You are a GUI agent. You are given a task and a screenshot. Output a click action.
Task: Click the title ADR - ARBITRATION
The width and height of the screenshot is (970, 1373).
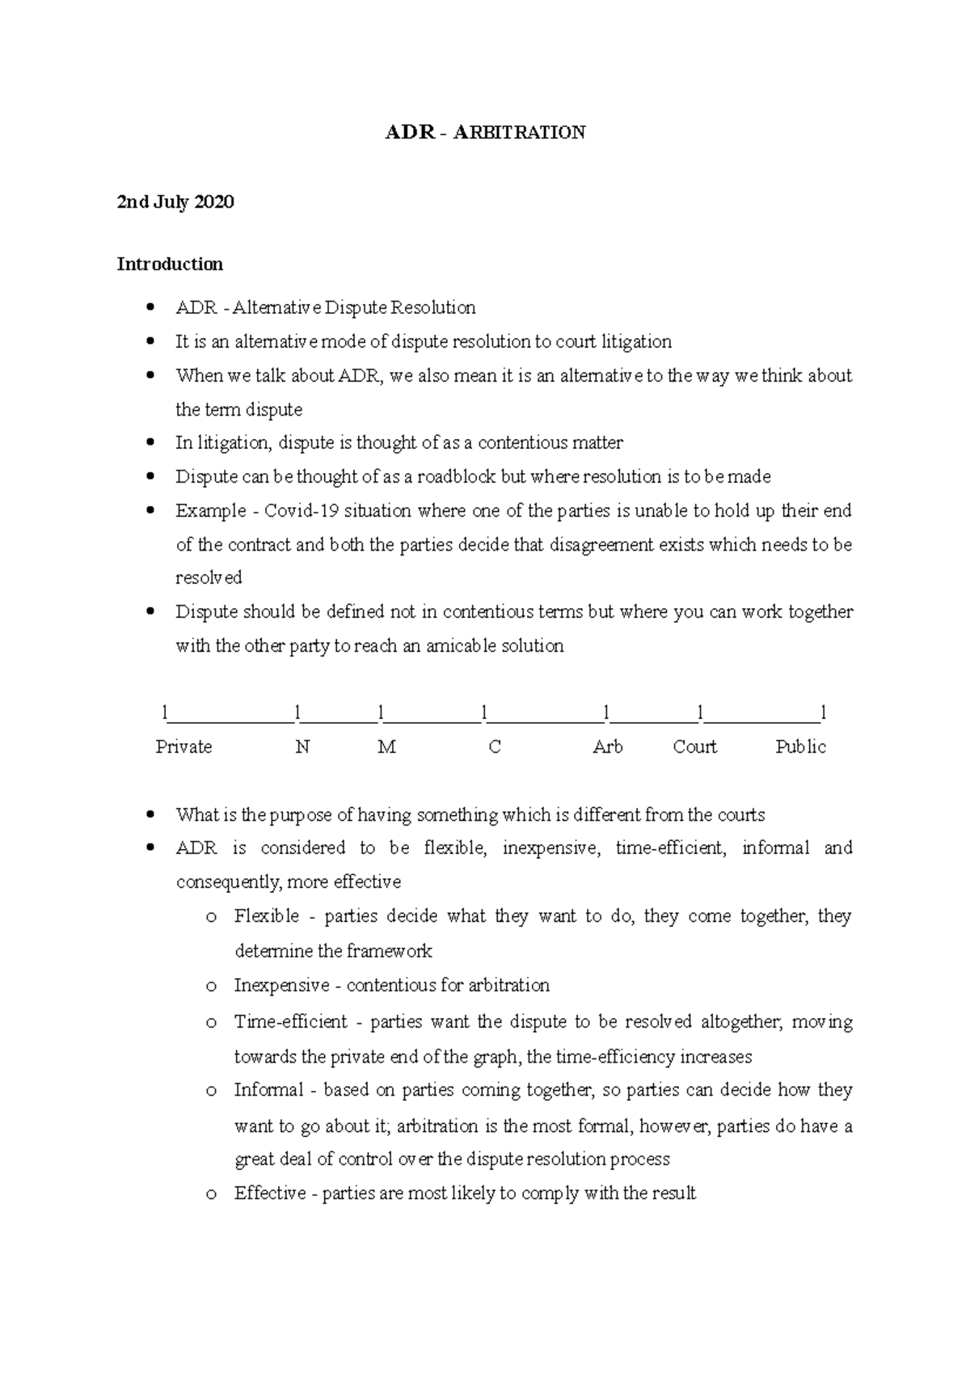click(x=485, y=133)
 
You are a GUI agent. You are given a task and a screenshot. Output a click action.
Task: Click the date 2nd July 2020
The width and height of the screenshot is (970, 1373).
click(x=175, y=202)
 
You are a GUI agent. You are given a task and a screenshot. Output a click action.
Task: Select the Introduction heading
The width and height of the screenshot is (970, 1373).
click(x=170, y=264)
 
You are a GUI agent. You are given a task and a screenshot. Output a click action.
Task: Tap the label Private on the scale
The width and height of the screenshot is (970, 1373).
click(x=183, y=747)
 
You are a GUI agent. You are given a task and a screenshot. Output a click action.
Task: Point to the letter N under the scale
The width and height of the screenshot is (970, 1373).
click(x=302, y=747)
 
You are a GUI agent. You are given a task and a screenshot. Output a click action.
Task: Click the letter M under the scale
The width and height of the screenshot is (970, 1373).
click(x=386, y=747)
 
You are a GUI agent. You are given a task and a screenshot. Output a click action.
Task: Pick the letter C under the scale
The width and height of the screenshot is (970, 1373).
click(x=495, y=747)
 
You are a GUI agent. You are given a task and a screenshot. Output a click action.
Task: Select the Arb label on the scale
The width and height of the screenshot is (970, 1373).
click(x=607, y=747)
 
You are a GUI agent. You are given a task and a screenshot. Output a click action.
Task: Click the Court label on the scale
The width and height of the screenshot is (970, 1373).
click(x=694, y=747)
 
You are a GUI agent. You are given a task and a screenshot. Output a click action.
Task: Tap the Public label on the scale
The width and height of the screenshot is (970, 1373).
click(x=800, y=747)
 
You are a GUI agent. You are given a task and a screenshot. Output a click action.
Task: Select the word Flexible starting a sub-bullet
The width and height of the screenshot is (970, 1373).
click(x=266, y=916)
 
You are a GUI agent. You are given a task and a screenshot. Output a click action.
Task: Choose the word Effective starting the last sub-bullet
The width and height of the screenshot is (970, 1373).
click(x=270, y=1193)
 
